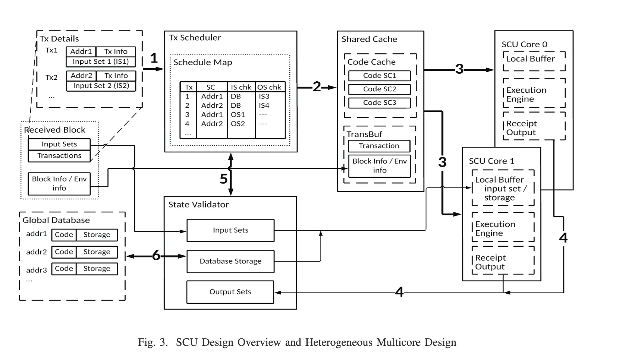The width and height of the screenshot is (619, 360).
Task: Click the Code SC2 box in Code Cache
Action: (379, 89)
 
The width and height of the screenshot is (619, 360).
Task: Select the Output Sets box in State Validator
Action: (230, 292)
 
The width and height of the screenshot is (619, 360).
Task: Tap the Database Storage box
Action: (230, 261)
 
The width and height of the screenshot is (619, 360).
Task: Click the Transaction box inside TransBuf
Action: (379, 146)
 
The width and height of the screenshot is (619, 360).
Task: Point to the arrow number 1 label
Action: (154, 58)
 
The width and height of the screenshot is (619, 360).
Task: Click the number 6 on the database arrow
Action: (156, 256)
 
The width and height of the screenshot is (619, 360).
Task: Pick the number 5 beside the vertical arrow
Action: (223, 179)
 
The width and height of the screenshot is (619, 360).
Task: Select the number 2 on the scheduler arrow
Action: (317, 87)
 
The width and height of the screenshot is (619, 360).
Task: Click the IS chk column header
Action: (241, 87)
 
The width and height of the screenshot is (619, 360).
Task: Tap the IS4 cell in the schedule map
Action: (264, 105)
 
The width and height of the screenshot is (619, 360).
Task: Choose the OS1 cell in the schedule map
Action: (238, 114)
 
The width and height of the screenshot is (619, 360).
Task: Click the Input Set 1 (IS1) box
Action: (101, 62)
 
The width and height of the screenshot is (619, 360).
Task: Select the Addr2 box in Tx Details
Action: (81, 76)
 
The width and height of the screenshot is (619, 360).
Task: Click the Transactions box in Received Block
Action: (59, 156)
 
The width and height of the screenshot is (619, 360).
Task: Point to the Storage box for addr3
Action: (97, 269)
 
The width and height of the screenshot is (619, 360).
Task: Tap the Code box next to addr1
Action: (64, 235)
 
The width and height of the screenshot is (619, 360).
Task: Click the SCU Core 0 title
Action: (524, 44)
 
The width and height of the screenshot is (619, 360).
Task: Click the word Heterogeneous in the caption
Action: (339, 342)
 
